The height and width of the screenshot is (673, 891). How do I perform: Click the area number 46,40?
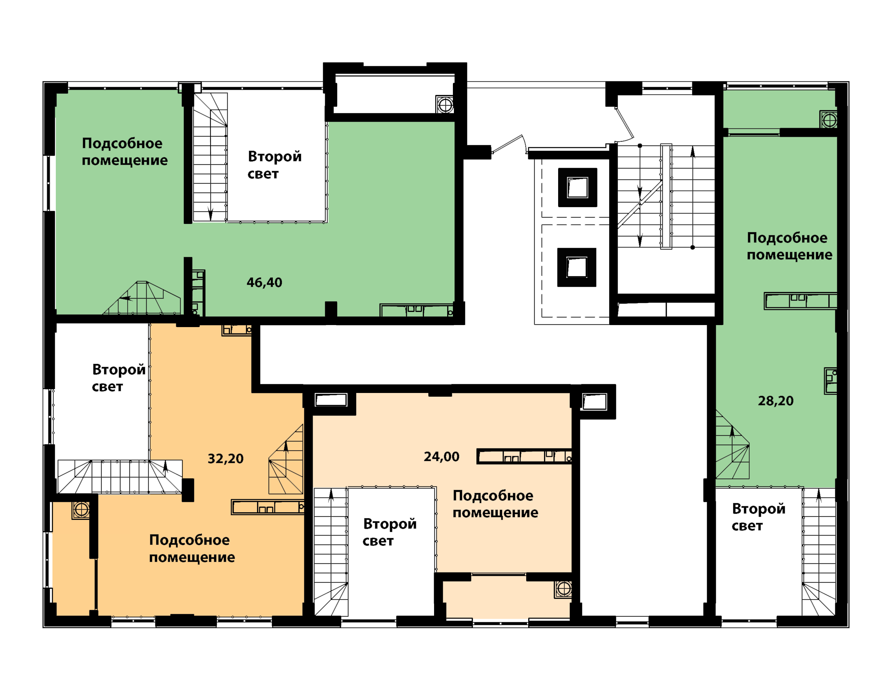pyautogui.click(x=264, y=283)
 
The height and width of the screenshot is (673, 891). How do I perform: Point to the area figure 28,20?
pyautogui.click(x=776, y=401)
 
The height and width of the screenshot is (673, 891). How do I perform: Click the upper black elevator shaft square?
pyautogui.click(x=578, y=187)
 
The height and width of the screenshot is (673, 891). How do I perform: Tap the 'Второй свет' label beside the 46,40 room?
pyautogui.click(x=274, y=165)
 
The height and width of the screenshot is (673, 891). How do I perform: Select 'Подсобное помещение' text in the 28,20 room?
pyautogui.click(x=789, y=246)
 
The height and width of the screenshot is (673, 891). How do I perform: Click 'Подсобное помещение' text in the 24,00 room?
pyautogui.click(x=496, y=504)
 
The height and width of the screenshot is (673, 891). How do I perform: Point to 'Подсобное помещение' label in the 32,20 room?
pyautogui.click(x=192, y=549)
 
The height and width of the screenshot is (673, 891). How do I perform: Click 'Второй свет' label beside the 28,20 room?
pyautogui.click(x=759, y=517)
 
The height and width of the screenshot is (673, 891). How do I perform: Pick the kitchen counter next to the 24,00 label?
pyautogui.click(x=524, y=456)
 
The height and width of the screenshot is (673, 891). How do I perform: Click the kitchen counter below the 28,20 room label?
pyautogui.click(x=801, y=301)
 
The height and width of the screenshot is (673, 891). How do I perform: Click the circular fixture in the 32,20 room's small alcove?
pyautogui.click(x=81, y=510)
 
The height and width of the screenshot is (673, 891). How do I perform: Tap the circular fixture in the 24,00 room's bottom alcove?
pyautogui.click(x=564, y=589)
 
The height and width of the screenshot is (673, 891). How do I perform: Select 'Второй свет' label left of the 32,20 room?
pyautogui.click(x=118, y=378)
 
